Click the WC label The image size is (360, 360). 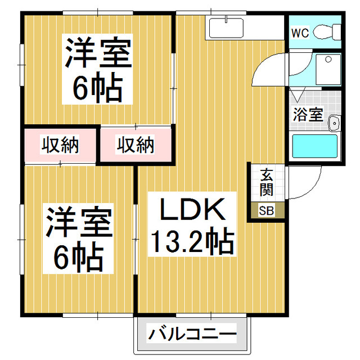click(x=299, y=32)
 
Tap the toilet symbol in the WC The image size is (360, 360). click(x=325, y=31)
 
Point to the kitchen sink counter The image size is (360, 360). click(x=224, y=27)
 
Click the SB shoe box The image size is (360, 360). click(x=265, y=211)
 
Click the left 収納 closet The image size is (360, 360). click(x=60, y=145)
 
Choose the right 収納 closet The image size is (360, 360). click(x=135, y=145)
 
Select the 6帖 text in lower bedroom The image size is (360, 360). click(x=79, y=258)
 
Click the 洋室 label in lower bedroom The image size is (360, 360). click(x=79, y=224)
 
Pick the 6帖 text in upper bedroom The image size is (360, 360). click(x=97, y=87)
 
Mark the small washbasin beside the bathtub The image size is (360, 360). click(x=334, y=122)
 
